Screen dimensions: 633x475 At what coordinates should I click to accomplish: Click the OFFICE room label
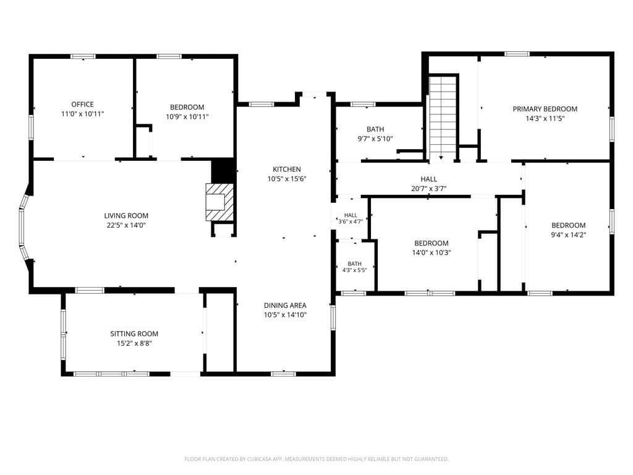82,104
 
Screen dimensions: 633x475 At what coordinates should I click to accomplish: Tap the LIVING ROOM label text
126,216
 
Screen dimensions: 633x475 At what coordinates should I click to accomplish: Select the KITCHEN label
287,169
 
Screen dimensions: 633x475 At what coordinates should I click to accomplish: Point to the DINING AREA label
285,306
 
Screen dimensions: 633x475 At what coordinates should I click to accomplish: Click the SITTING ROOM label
134,333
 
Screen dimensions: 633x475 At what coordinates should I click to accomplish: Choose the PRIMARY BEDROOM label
545,109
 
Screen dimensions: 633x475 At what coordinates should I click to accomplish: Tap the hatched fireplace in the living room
219,202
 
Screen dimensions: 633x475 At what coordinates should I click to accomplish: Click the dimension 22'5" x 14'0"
126,225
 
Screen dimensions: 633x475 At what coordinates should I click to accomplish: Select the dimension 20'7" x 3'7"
429,189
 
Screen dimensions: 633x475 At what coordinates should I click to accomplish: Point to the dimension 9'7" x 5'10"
375,139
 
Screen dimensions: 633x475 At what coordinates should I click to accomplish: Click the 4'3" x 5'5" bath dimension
354,270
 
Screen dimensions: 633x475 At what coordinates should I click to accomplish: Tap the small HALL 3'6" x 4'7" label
350,218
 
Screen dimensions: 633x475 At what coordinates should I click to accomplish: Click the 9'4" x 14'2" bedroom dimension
569,235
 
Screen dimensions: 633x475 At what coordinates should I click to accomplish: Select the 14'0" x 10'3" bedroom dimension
431,253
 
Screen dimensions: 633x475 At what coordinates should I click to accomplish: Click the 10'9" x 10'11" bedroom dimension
187,117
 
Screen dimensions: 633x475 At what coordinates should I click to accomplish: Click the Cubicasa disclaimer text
316,459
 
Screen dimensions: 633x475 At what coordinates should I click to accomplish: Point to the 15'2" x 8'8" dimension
134,343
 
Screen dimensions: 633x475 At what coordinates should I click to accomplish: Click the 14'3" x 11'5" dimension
545,118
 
